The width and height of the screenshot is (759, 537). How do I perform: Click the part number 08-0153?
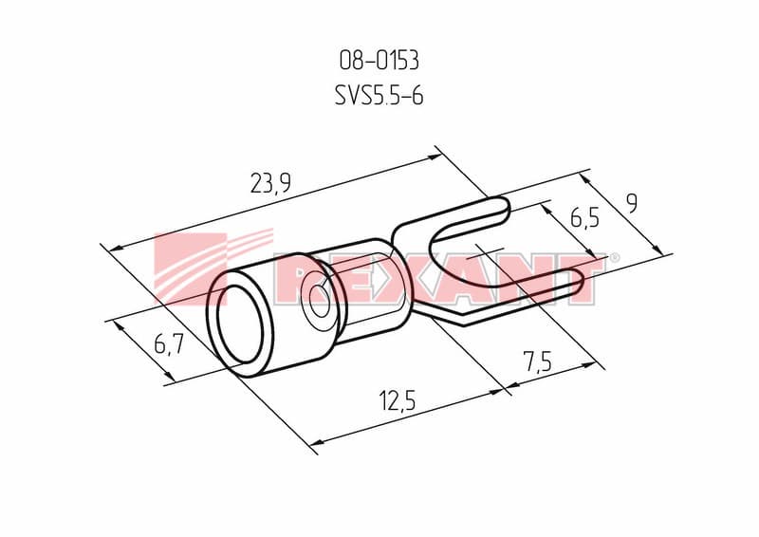point(379,61)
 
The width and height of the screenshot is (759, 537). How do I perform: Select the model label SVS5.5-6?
point(379,96)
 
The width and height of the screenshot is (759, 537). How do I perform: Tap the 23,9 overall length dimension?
point(270,183)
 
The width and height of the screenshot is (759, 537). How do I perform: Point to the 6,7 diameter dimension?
point(169,344)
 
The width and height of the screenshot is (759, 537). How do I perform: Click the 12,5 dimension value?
point(398,401)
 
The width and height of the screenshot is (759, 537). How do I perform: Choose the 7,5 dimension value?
point(537,361)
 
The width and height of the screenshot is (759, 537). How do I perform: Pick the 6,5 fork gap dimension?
point(584,217)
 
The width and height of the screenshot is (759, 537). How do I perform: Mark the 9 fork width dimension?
point(631,203)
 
